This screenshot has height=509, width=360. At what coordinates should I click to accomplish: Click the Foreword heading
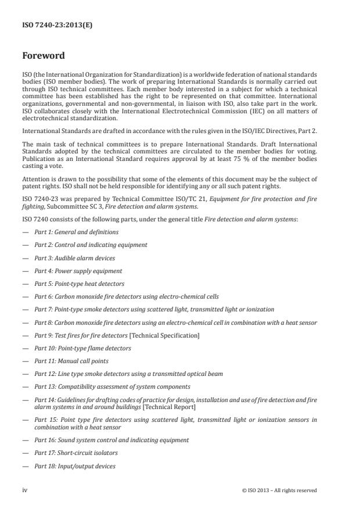click(x=44, y=56)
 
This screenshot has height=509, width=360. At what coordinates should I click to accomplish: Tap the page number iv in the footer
click(x=25, y=490)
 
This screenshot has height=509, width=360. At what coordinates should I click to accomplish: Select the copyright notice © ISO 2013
click(x=279, y=490)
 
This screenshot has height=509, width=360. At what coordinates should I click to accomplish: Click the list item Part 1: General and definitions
click(x=76, y=232)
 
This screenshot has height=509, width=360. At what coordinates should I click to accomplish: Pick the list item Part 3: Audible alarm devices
click(x=74, y=257)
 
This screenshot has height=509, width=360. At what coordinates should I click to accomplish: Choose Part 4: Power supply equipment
click(x=78, y=271)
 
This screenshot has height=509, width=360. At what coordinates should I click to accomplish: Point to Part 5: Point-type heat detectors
click(x=79, y=284)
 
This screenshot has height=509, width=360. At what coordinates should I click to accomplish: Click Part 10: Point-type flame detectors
click(x=82, y=348)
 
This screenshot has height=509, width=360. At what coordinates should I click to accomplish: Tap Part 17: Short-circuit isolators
click(x=75, y=453)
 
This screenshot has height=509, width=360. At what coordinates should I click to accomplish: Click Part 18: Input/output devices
click(x=74, y=466)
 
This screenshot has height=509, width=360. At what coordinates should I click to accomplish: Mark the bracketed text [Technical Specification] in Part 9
click(x=169, y=335)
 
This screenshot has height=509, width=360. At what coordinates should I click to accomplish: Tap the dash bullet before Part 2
click(x=25, y=245)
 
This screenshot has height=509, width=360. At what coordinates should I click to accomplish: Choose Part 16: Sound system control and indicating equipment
click(x=111, y=440)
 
